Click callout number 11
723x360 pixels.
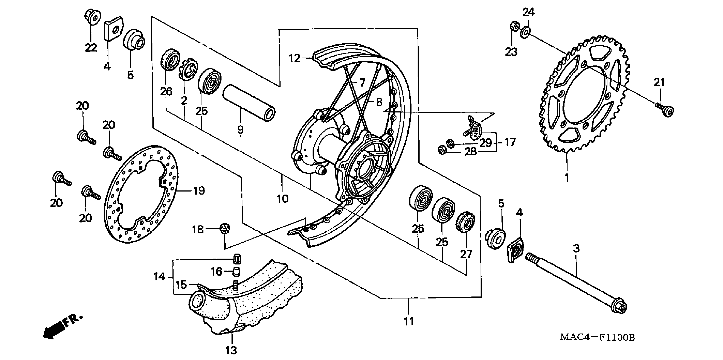coord(409,321)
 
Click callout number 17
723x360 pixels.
coord(510,142)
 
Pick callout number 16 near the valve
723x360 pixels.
coord(216,272)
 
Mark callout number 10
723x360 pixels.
coord(283,199)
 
